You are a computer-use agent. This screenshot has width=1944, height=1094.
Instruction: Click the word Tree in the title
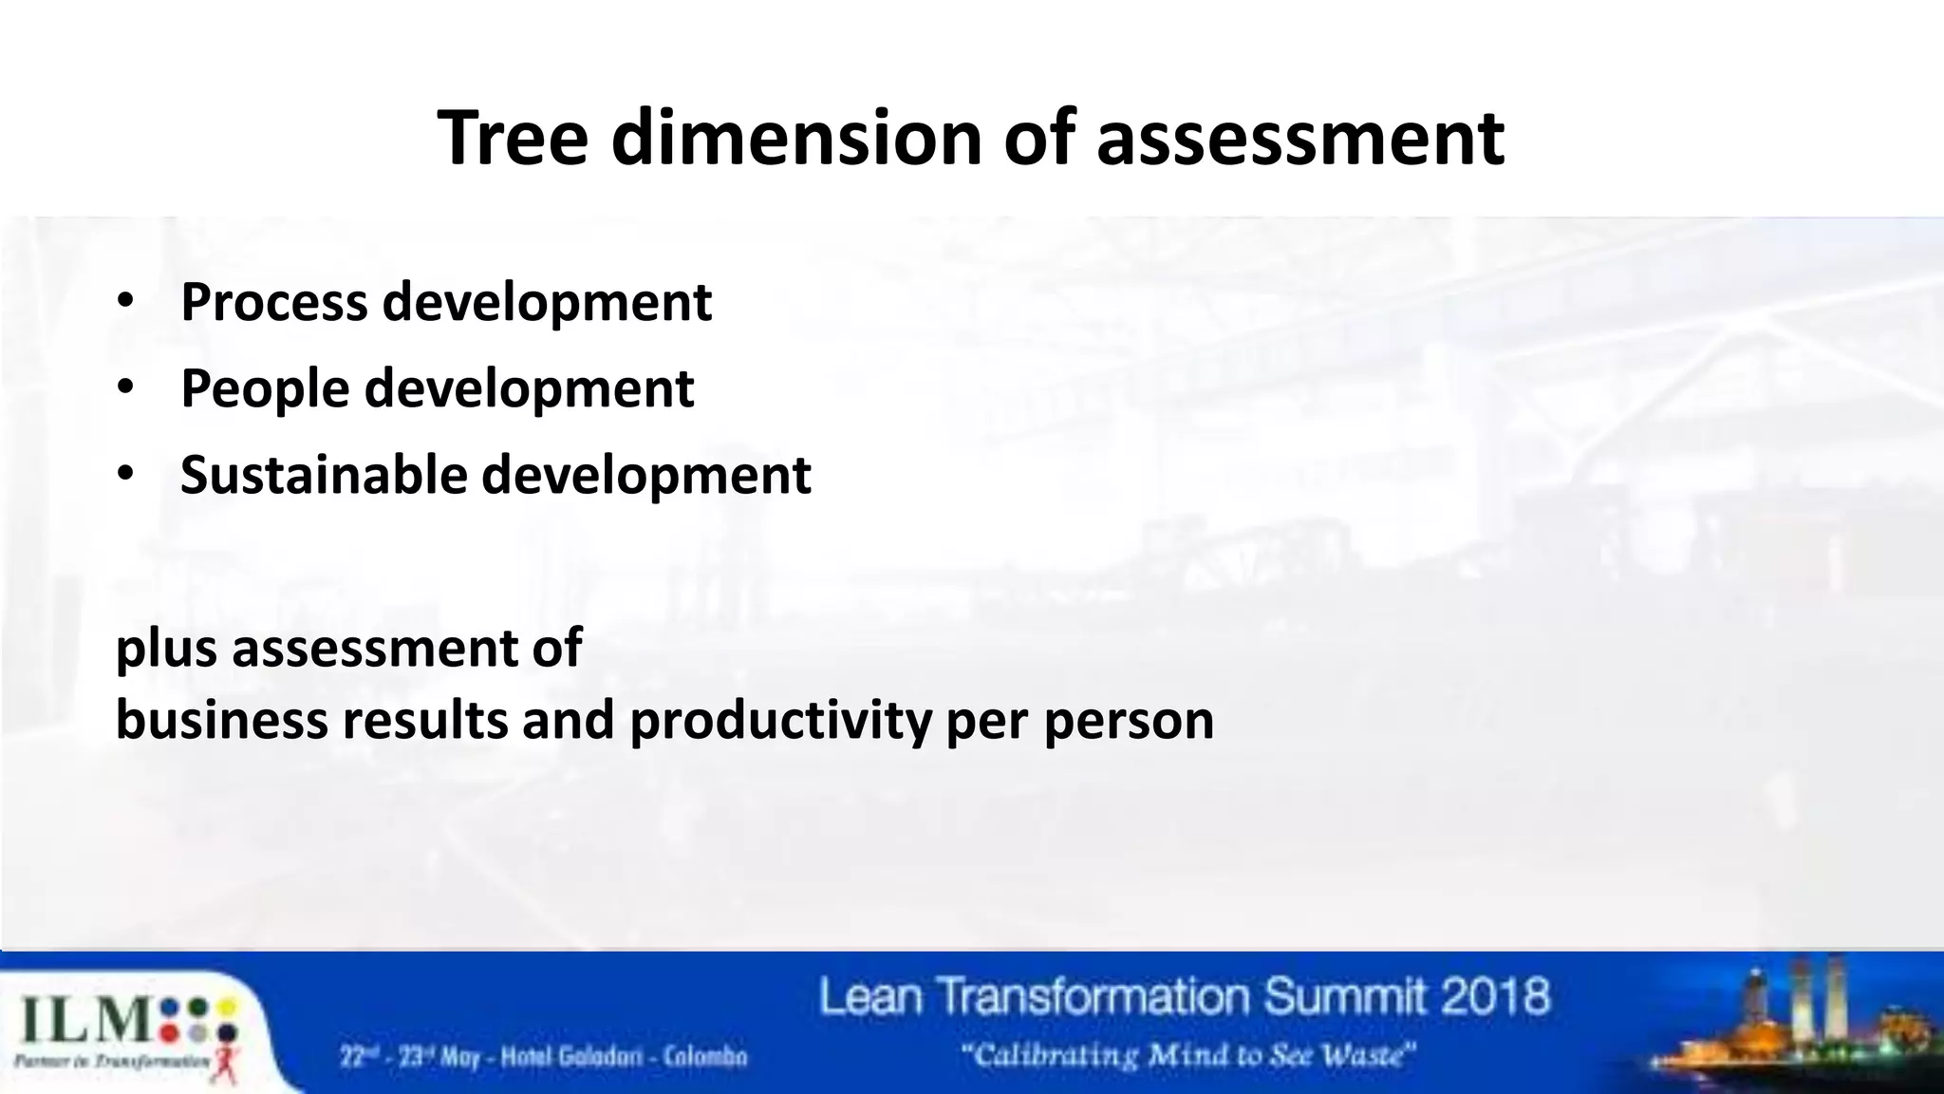513,139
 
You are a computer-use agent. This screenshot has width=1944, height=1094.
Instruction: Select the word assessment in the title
1299,139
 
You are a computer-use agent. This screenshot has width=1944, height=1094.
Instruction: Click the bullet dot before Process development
125,302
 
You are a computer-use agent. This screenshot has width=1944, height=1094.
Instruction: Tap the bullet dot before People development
125,388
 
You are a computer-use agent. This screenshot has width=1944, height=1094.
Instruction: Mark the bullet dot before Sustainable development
125,475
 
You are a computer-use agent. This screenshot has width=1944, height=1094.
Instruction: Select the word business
220,720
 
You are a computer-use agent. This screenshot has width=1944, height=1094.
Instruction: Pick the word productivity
780,720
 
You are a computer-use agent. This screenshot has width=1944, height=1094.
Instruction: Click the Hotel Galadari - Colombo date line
544,1056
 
